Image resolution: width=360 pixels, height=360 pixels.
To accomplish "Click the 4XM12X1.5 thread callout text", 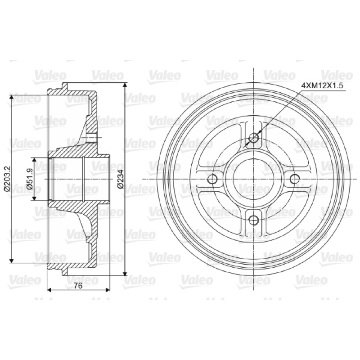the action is [322, 86].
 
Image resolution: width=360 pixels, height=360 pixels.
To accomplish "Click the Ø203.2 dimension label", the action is [7, 179].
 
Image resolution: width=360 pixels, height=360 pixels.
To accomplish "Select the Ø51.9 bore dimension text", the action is [30, 179].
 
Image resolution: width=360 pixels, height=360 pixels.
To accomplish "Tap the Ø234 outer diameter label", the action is [120, 179].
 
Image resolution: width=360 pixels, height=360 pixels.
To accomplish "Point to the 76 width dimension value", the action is [78, 286].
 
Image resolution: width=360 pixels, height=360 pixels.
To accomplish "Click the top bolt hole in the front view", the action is [254, 138].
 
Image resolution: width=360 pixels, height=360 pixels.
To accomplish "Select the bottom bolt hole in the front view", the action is [254, 220].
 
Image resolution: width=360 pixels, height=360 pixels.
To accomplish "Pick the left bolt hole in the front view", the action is [212, 179].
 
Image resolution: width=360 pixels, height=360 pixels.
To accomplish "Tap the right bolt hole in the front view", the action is [295, 179].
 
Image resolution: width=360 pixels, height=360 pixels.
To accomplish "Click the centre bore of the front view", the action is [254, 179].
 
